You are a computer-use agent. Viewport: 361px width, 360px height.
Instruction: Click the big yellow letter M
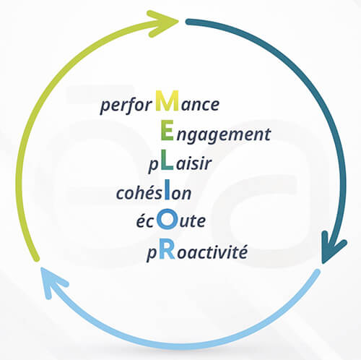click(167, 100)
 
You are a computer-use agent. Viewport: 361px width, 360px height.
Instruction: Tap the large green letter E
click(167, 130)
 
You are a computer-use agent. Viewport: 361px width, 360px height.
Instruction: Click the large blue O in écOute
click(167, 219)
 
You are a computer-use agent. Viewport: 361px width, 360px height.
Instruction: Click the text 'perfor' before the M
click(126, 105)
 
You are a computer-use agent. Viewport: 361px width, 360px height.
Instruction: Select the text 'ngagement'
click(224, 135)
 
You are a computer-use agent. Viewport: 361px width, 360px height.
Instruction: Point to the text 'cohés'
click(140, 192)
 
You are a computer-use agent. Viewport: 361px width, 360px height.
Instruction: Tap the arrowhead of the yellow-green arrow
click(163, 23)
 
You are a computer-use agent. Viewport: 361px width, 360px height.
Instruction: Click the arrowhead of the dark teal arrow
click(333, 247)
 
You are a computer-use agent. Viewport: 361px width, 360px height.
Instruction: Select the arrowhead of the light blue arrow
click(53, 282)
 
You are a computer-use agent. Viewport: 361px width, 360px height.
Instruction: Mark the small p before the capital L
click(154, 166)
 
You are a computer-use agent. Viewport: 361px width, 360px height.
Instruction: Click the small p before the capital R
click(152, 254)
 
